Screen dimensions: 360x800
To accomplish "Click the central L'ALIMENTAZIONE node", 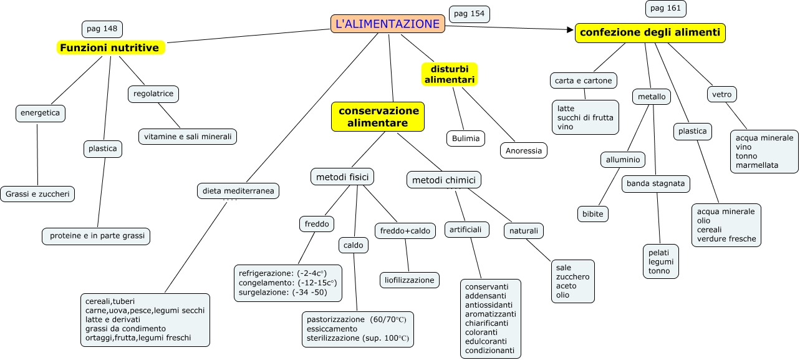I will [387, 24].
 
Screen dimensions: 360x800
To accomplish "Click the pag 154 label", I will [469, 14].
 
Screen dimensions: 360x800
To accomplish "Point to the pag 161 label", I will [666, 9].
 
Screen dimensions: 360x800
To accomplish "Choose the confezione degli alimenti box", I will [650, 32].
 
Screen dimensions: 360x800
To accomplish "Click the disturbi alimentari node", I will [450, 74].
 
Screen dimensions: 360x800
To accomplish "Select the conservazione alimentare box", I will [378, 117].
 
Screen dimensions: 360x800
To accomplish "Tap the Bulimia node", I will [466, 139].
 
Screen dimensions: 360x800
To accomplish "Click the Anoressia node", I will [524, 151].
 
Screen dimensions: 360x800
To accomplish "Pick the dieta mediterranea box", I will [238, 191].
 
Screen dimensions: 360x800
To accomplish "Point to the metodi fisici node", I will [342, 177].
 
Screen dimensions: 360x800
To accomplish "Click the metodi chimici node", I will [444, 181].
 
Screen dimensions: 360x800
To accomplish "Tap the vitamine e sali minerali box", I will [188, 137].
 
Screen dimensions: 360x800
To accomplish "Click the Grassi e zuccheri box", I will [37, 194].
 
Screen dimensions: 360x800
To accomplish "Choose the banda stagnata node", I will [655, 184].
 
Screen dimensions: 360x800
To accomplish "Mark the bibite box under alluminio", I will [592, 213].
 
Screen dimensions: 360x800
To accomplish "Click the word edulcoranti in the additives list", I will [486, 341].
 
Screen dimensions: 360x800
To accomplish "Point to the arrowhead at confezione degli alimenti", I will [569, 29].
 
